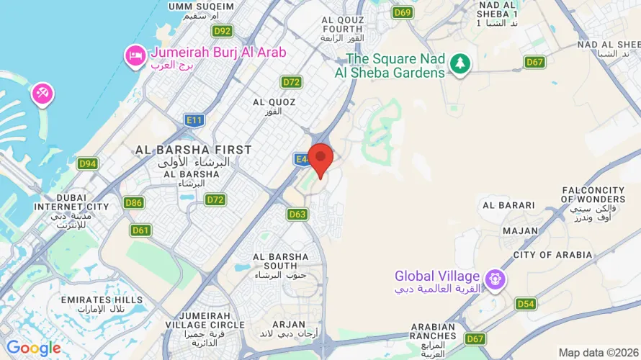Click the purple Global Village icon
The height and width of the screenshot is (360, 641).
click(494, 277)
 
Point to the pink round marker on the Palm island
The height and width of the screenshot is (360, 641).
click(42, 93)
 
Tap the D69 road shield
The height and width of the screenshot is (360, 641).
click(403, 12)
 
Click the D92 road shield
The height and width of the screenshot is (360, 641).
click(223, 31)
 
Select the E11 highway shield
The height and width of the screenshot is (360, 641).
click(194, 120)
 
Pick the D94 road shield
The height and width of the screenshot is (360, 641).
click(88, 164)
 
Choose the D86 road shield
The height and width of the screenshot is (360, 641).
click(133, 203)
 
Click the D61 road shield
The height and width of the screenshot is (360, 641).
click(140, 230)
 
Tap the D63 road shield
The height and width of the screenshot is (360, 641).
click(297, 214)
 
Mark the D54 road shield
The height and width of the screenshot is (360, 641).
click(526, 304)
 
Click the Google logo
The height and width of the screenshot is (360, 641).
click(33, 349)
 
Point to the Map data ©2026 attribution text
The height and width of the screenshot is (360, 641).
click(599, 353)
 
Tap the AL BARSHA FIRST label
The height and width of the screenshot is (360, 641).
click(194, 150)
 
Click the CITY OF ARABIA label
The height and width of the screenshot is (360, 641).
click(553, 255)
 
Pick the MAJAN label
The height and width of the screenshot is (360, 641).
click(520, 230)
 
